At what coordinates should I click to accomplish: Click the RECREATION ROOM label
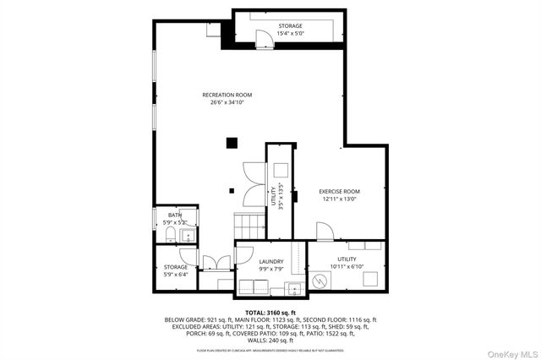tap(227, 95)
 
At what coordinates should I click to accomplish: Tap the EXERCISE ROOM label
tap(339, 192)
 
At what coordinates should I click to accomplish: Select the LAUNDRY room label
tap(270, 262)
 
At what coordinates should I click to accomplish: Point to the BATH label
tap(174, 215)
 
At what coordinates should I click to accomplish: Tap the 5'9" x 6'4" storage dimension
tap(176, 275)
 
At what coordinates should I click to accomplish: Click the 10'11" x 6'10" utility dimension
tap(347, 267)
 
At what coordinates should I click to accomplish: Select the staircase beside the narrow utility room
tap(243, 226)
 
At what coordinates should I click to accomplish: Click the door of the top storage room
tap(263, 35)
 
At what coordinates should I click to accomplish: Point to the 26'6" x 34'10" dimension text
tap(227, 103)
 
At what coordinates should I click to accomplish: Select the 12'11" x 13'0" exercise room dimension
tap(339, 199)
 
